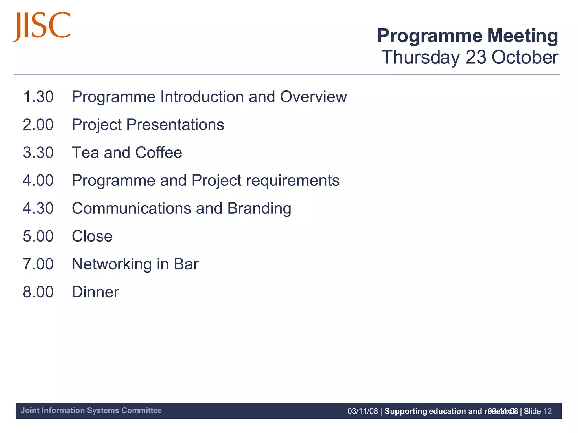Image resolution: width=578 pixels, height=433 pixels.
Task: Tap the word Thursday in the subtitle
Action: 420,58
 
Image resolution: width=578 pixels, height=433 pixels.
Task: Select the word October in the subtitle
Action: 525,58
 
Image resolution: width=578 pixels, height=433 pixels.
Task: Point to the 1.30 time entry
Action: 38,97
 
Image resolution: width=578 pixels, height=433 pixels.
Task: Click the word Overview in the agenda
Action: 313,97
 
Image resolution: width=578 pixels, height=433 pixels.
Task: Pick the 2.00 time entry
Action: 38,125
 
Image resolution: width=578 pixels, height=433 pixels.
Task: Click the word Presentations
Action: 175,125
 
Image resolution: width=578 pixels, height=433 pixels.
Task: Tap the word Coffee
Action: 159,153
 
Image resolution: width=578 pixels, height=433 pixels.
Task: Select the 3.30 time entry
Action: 38,153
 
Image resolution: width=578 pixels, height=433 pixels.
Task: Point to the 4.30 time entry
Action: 38,208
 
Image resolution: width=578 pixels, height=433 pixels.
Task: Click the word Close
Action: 92,236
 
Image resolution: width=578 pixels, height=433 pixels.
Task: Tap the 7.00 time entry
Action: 38,264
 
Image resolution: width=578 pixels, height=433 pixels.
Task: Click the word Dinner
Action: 95,292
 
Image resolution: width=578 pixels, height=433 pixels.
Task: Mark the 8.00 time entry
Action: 38,292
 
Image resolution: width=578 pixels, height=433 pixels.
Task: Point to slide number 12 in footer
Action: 548,411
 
